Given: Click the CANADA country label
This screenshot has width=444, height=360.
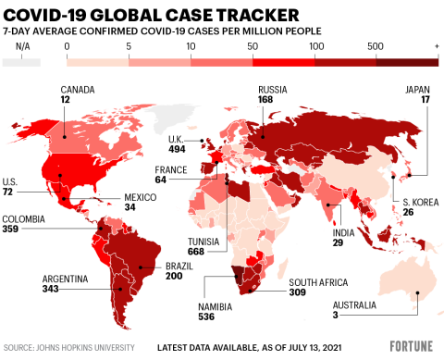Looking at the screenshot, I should [77, 90].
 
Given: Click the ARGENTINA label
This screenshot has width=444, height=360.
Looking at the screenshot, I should [66, 279].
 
